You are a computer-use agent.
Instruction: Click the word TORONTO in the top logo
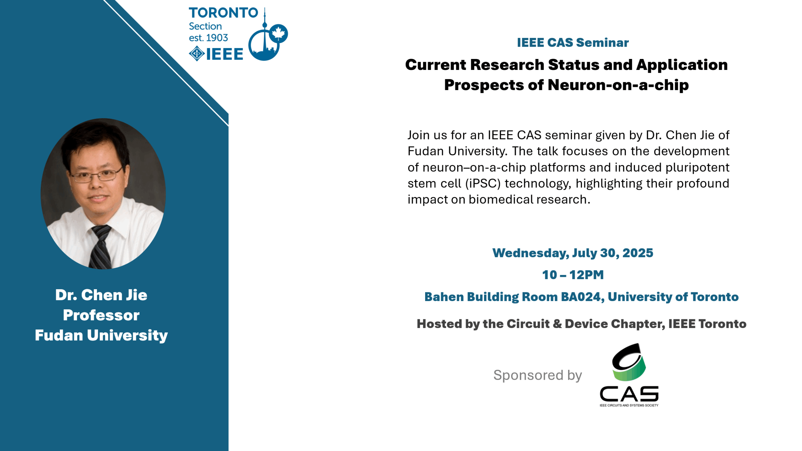(x=223, y=13)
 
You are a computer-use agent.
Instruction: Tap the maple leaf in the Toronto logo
(x=278, y=33)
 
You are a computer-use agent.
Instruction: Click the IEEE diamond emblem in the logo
(x=196, y=54)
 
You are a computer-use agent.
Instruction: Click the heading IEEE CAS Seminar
(x=572, y=43)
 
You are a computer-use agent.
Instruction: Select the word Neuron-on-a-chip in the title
(x=618, y=85)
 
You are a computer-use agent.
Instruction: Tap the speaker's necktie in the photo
(x=101, y=247)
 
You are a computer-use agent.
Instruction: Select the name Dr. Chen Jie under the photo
(x=101, y=295)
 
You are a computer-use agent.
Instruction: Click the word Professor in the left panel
(x=101, y=315)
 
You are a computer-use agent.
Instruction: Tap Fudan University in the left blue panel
(x=101, y=335)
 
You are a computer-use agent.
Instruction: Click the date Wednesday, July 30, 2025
(x=572, y=253)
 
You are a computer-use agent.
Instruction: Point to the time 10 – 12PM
(x=572, y=275)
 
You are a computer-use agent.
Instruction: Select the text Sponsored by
(x=537, y=375)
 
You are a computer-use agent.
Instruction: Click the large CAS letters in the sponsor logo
(x=629, y=394)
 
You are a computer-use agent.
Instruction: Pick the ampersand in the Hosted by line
(x=557, y=324)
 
